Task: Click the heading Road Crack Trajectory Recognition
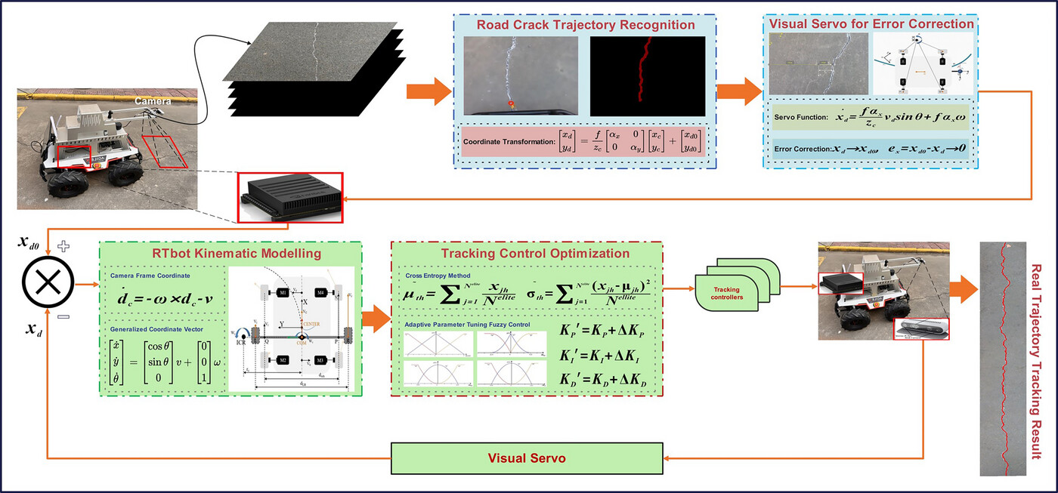click(x=585, y=25)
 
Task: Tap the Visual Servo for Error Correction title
click(x=871, y=23)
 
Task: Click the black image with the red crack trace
click(x=647, y=74)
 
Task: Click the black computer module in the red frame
click(x=290, y=196)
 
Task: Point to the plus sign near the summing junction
click(x=63, y=245)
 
